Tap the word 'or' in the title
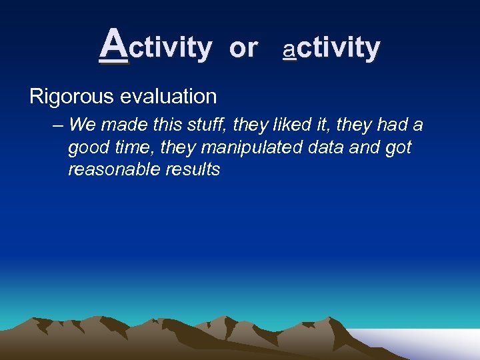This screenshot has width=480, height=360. [243, 48]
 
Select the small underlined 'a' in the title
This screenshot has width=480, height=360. [289, 49]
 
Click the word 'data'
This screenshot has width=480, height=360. [323, 147]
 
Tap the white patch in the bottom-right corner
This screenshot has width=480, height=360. [427, 343]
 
